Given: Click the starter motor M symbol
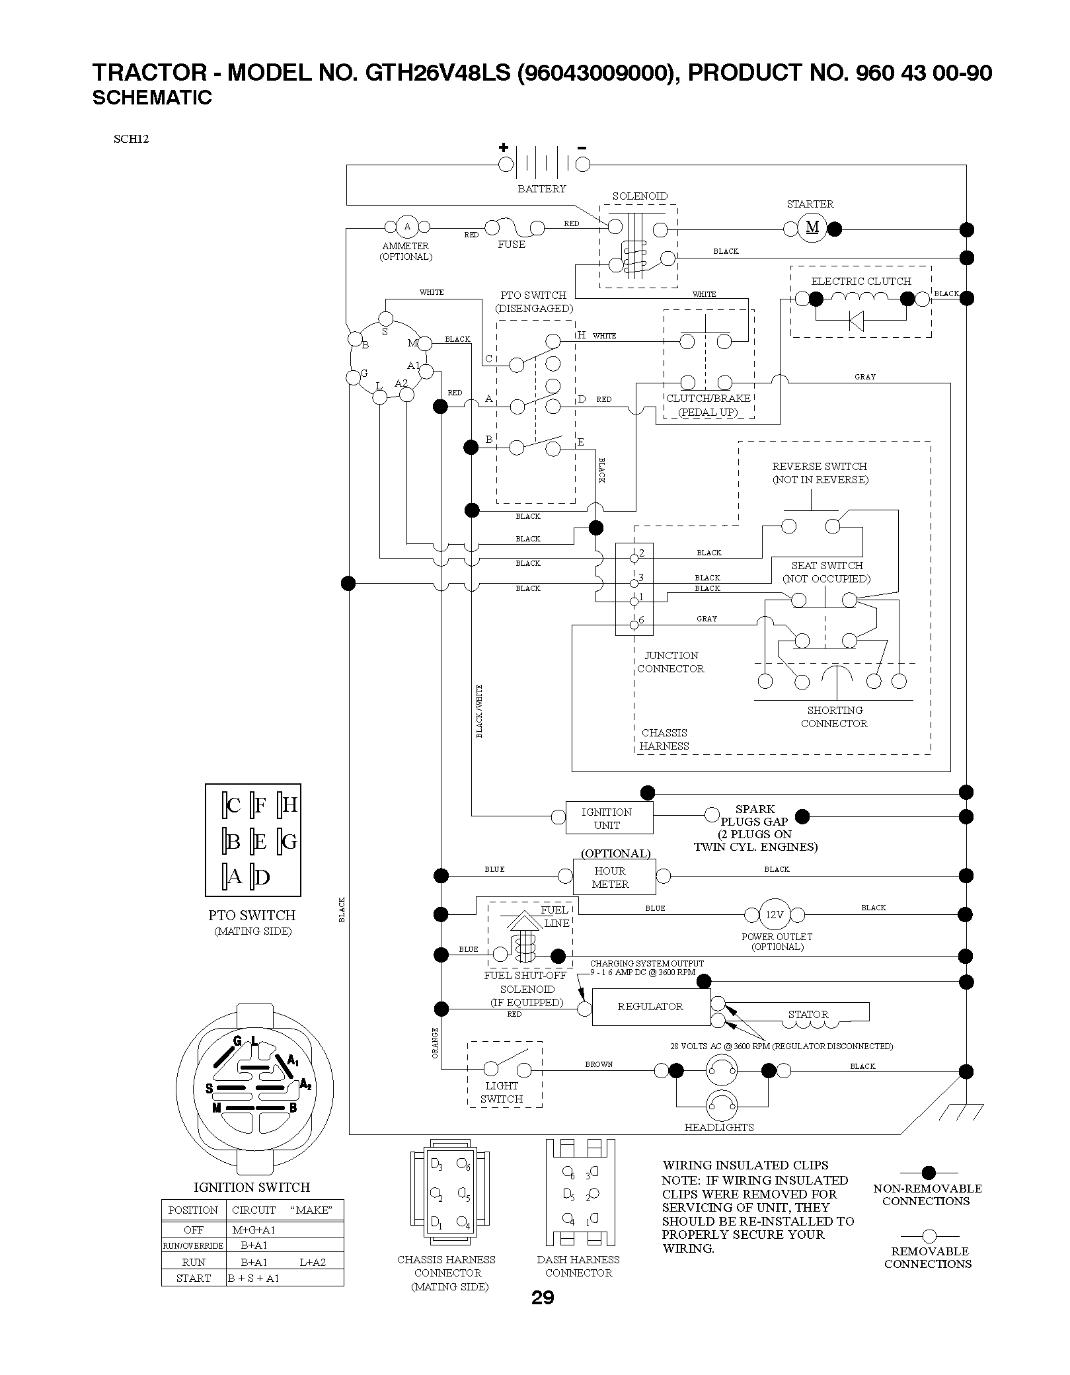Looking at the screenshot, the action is [812, 227].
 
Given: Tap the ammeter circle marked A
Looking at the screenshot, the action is [407, 227].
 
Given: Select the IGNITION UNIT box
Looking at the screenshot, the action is [609, 818].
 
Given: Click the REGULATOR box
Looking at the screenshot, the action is [651, 1007].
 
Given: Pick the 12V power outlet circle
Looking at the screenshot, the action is [774, 915].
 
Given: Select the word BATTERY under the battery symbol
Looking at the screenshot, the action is [541, 189].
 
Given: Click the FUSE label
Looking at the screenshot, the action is [512, 245].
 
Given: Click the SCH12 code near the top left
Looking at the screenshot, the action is [131, 139].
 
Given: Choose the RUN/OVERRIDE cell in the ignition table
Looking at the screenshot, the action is [194, 1245].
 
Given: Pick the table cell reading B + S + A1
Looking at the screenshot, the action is [254, 1278].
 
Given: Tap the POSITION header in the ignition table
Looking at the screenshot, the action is [193, 1210].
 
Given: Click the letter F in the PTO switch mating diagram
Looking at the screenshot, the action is [260, 806].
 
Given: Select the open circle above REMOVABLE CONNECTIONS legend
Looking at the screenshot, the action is [929, 1236].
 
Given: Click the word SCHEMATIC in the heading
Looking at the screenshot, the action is [152, 98].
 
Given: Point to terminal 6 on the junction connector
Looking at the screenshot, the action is [634, 623].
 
